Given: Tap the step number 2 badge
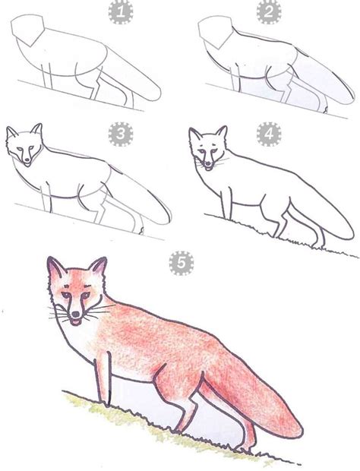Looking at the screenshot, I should click(x=267, y=11).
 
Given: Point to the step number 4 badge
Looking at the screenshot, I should click(x=267, y=134).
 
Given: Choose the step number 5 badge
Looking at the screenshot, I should click(x=180, y=262).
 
